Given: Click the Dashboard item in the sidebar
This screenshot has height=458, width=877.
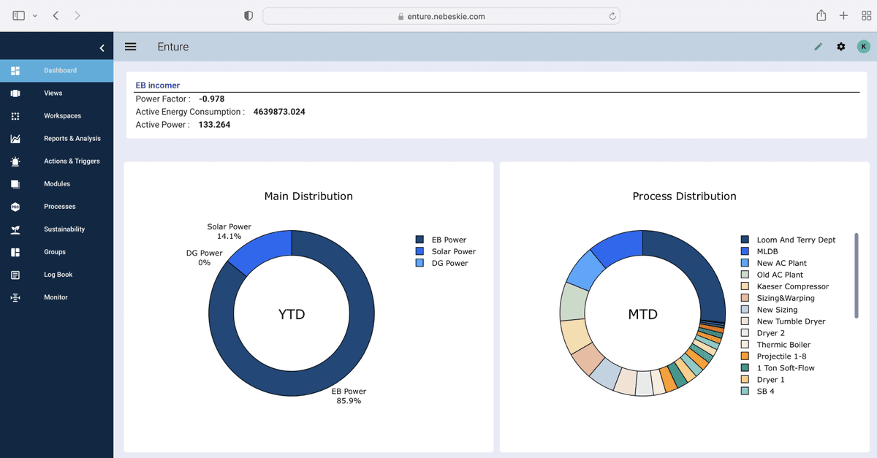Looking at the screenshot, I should pyautogui.click(x=60, y=71).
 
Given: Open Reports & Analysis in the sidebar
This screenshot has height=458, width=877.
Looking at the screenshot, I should pyautogui.click(x=72, y=139).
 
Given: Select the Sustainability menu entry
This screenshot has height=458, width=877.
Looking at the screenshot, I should pyautogui.click(x=64, y=229).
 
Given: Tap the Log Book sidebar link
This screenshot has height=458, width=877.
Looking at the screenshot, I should pyautogui.click(x=58, y=275).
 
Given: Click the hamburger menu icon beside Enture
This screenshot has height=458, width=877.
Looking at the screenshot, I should pyautogui.click(x=131, y=47).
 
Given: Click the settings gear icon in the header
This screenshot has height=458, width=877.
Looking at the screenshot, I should pyautogui.click(x=840, y=47).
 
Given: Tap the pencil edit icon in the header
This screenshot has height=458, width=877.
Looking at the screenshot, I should pyautogui.click(x=818, y=47).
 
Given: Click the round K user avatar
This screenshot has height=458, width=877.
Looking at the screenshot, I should pyautogui.click(x=863, y=47).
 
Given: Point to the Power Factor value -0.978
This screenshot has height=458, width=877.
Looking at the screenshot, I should pyautogui.click(x=211, y=99).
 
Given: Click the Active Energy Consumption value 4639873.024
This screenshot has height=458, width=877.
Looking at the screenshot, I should pyautogui.click(x=279, y=112).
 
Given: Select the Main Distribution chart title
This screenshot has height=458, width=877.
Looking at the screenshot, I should pyautogui.click(x=308, y=196).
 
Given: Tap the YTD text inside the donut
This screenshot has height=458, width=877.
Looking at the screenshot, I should pyautogui.click(x=292, y=315).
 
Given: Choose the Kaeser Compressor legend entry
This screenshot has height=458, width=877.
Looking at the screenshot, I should pyautogui.click(x=792, y=286).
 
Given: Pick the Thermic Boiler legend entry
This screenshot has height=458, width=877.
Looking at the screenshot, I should pyautogui.click(x=783, y=345).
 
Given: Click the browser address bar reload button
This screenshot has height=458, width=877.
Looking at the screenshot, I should pyautogui.click(x=612, y=16).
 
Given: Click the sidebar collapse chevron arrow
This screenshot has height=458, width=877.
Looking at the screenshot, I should pyautogui.click(x=102, y=48).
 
